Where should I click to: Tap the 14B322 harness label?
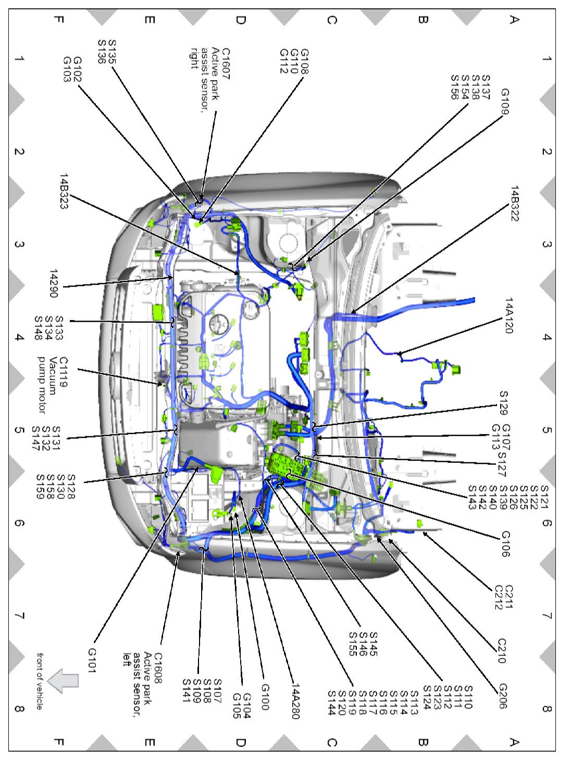click(515, 204)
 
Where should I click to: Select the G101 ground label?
click(92, 660)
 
